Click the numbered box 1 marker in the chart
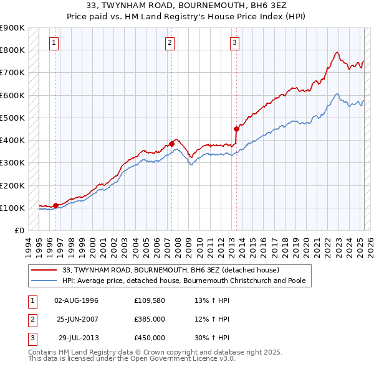click(x=55, y=43)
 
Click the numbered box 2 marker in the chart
click(x=170, y=43)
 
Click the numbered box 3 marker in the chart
click(x=234, y=43)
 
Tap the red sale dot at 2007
click(x=171, y=144)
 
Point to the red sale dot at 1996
click(x=55, y=205)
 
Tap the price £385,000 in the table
click(x=150, y=318)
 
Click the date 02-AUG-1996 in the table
click(x=77, y=300)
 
